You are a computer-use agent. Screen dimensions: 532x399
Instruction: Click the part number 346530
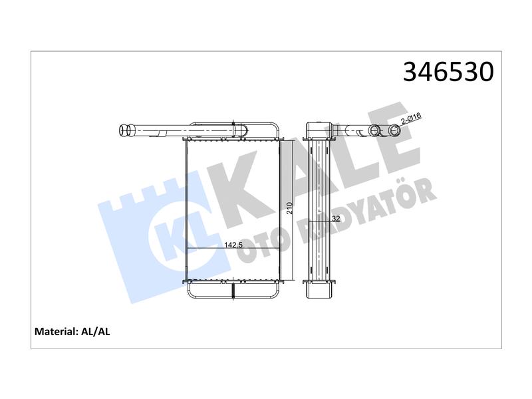(x=448, y=72)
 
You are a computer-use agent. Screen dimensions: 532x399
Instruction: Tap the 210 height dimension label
(x=289, y=208)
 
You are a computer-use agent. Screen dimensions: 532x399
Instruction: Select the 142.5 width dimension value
(x=233, y=245)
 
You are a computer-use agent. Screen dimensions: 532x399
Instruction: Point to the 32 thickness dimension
(x=336, y=219)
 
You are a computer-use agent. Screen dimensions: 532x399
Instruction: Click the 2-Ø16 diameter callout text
(x=411, y=119)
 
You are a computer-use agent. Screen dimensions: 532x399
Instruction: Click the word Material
(x=57, y=331)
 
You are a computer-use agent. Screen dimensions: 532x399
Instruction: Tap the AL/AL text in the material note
(x=96, y=331)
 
